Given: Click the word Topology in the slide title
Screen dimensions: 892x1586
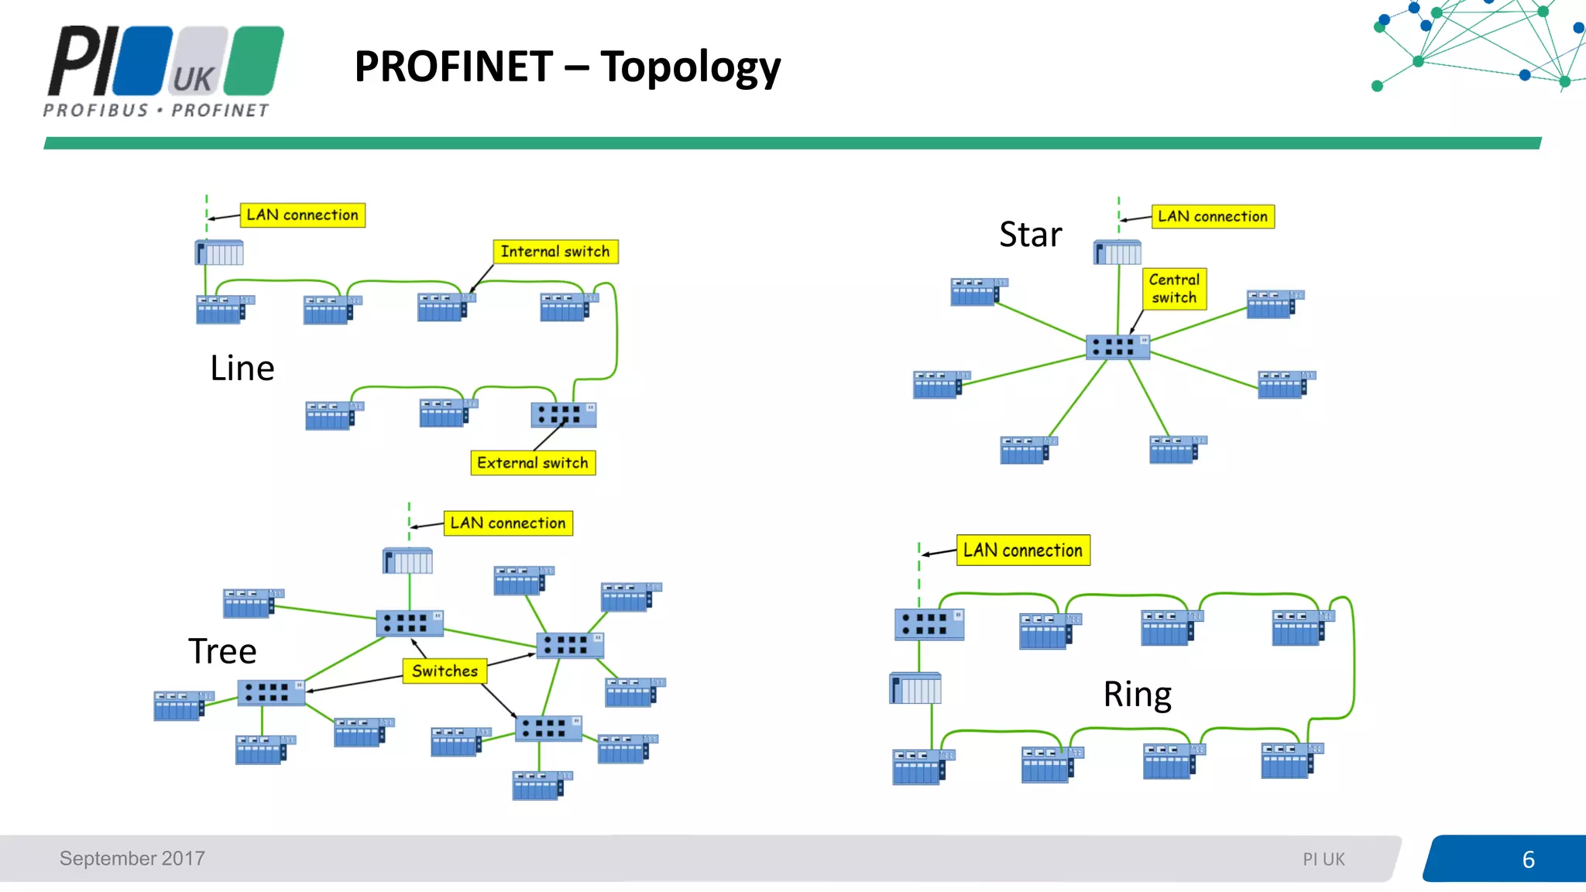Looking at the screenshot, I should [x=690, y=67].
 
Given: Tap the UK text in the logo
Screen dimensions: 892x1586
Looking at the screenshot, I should [x=193, y=79].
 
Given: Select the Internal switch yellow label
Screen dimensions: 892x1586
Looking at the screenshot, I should [x=555, y=252].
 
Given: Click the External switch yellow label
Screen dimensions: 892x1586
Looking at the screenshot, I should [x=533, y=463].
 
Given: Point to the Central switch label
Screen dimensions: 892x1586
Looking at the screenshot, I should [x=1174, y=289].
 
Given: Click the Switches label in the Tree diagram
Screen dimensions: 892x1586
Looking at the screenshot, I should [x=445, y=671].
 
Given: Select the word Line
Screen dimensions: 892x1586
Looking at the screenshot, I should [x=242, y=369].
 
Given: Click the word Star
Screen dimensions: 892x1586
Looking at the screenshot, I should [x=1030, y=235].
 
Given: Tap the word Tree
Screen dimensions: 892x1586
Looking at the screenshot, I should [x=222, y=651].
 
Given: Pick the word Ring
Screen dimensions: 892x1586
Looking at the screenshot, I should [x=1137, y=695].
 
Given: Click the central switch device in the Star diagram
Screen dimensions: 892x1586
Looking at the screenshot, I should [x=1117, y=347].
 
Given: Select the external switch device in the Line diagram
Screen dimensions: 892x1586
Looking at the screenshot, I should [x=563, y=414].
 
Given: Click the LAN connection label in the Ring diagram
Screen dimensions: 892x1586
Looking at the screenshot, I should [x=1023, y=551].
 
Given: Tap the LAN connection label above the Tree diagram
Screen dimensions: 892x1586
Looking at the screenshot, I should [x=508, y=523].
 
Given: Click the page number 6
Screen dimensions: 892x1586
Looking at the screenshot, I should [x=1528, y=859].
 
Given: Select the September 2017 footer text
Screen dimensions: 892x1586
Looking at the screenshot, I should [x=132, y=859].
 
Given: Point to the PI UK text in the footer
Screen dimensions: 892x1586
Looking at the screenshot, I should [x=1323, y=859].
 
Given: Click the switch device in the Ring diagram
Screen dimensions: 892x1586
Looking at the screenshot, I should [x=929, y=624].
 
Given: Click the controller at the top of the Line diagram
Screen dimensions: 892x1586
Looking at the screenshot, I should [x=219, y=252].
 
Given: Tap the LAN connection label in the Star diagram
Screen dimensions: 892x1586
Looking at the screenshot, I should [x=1213, y=217].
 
